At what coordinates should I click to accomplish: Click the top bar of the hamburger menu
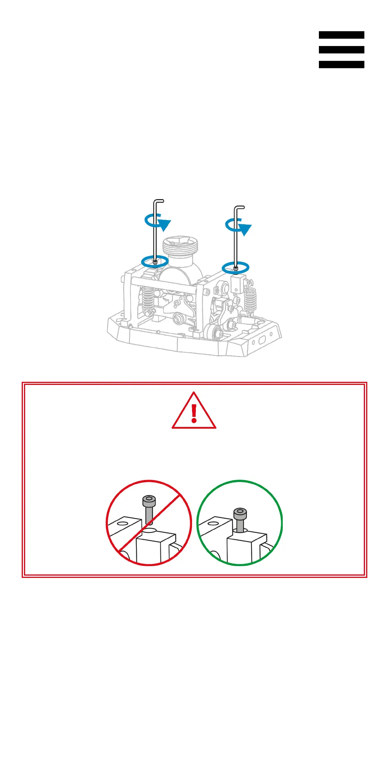tap(341, 35)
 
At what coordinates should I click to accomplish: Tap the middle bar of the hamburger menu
tap(341, 50)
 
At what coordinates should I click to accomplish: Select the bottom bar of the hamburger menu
tap(341, 65)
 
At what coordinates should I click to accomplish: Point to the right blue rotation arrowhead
tap(245, 230)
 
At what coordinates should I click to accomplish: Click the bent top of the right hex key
tap(239, 208)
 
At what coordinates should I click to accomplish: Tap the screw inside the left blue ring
tap(155, 262)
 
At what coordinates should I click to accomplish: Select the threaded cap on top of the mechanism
tap(181, 246)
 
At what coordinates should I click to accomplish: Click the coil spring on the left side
tap(148, 299)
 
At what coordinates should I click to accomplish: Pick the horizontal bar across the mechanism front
tap(164, 284)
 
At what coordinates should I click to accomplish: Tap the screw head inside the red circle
tap(149, 500)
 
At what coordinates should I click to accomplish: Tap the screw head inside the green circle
tap(240, 514)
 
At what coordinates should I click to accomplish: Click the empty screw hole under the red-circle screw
tap(150, 530)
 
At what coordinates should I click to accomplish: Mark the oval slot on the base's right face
tap(262, 340)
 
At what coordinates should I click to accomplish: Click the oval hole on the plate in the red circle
tap(122, 523)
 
